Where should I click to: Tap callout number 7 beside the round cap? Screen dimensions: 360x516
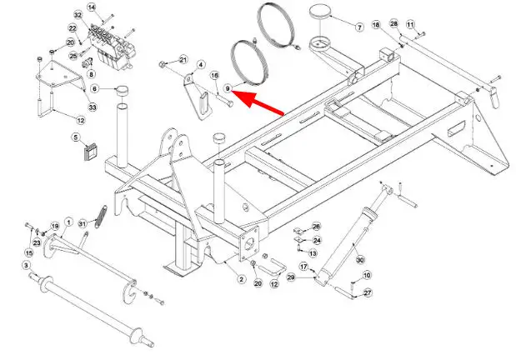tap(359, 27)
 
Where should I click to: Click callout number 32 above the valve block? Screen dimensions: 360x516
tap(78, 16)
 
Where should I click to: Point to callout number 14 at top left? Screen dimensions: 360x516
tap(93, 7)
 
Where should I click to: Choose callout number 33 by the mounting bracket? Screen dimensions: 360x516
tap(92, 107)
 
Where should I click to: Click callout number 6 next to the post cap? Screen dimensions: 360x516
tap(94, 87)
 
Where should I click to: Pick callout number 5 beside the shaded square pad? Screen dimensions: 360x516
tap(75, 137)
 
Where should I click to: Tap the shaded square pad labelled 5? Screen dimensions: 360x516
tap(91, 151)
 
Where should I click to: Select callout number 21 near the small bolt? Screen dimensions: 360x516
tap(183, 59)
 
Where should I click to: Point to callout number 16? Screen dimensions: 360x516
tap(214, 75)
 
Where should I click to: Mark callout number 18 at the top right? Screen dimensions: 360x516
tap(376, 25)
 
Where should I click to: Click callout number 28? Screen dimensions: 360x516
tap(394, 23)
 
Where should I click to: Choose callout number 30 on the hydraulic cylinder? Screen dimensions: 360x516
tap(360, 260)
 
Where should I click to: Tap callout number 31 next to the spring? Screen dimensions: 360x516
tap(82, 222)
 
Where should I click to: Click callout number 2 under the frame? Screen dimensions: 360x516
tap(241, 279)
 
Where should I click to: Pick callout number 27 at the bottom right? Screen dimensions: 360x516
tap(368, 292)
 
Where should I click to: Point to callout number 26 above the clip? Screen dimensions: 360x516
tap(316, 227)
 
